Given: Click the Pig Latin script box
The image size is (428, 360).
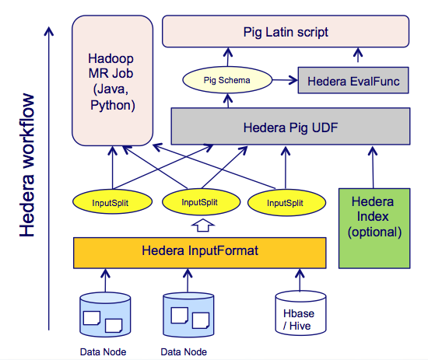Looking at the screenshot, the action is click(x=286, y=31).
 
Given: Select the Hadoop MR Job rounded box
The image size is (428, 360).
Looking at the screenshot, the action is click(x=112, y=80).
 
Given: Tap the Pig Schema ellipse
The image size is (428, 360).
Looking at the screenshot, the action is click(x=227, y=80).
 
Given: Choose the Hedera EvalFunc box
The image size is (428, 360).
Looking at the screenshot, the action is click(x=353, y=80).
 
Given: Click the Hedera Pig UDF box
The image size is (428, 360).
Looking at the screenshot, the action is click(x=290, y=126).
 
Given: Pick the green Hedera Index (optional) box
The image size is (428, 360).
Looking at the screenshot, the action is click(x=374, y=229).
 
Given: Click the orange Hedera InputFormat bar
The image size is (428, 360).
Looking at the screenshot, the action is click(x=200, y=253).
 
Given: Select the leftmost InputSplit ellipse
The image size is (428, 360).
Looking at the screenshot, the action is click(x=112, y=202).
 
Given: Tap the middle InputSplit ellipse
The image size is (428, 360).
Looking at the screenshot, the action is click(x=202, y=202).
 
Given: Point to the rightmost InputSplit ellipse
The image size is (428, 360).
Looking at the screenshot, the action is click(x=286, y=203).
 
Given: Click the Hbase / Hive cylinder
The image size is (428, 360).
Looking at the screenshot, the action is click(x=300, y=313).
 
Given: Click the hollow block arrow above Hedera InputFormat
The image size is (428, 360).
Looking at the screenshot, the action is click(x=202, y=225).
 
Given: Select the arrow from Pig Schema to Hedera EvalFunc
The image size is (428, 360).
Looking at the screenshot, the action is click(x=285, y=80).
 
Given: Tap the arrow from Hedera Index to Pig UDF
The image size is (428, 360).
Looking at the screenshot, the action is click(x=373, y=167).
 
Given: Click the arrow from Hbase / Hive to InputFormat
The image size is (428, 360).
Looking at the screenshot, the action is click(x=300, y=281).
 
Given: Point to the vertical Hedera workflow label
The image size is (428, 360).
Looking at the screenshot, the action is click(x=26, y=166).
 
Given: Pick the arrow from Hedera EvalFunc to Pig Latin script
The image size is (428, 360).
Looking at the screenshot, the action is click(x=358, y=55).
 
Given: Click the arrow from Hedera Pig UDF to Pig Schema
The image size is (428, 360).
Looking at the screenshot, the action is click(x=228, y=100).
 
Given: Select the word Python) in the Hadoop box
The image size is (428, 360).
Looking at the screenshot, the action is click(x=113, y=105).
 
